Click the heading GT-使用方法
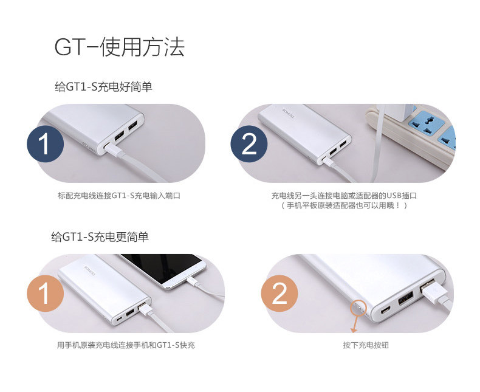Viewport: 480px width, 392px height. click(119, 47)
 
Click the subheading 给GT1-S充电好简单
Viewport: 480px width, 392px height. click(103, 88)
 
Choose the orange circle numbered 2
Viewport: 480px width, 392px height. click(279, 295)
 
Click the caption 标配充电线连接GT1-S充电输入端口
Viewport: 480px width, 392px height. click(119, 196)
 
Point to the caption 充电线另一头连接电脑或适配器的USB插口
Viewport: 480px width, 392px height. click(343, 196)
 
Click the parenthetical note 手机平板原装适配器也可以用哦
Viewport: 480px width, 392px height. click(343, 206)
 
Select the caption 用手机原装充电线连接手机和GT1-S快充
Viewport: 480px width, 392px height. click(126, 346)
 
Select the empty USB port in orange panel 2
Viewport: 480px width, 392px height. click(405, 298)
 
